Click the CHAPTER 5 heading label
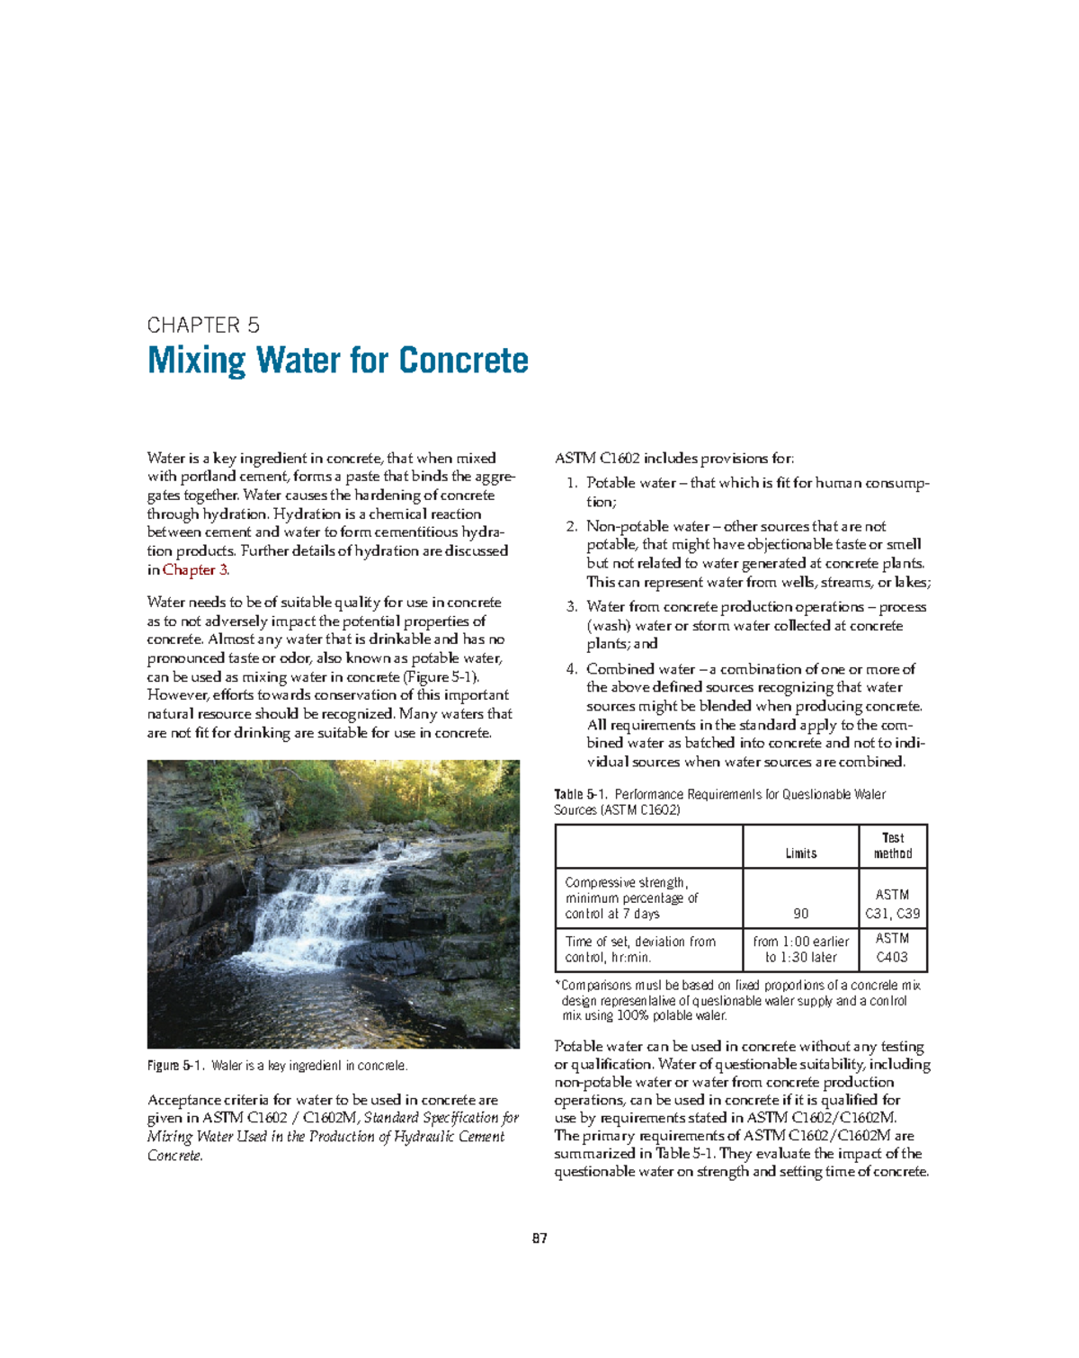point(203,326)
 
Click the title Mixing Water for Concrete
point(337,361)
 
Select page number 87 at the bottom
point(539,1238)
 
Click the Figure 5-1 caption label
point(176,1066)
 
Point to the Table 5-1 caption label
point(581,795)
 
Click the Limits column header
point(800,853)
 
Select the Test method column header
point(893,845)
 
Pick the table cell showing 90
point(800,914)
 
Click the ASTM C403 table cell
point(893,948)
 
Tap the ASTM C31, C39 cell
point(893,904)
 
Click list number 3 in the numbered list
point(571,607)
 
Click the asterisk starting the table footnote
point(557,986)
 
